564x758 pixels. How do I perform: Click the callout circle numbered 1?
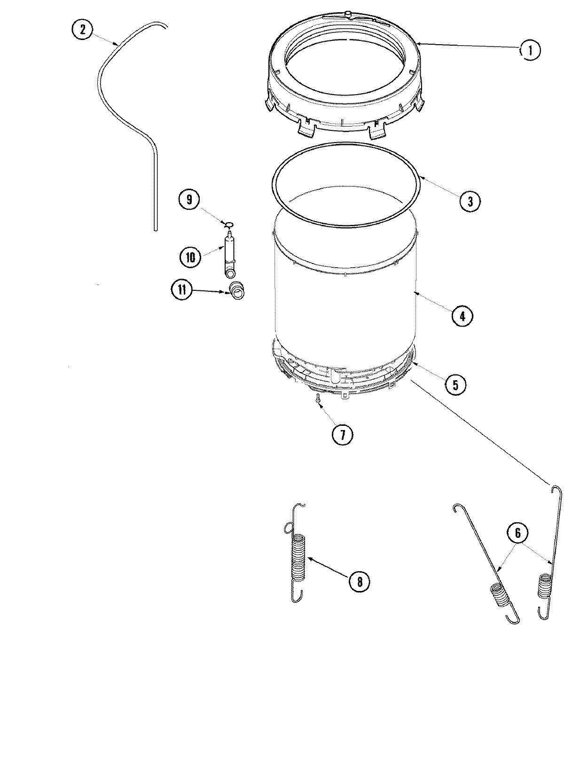click(530, 50)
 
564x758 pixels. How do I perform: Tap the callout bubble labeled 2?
click(83, 30)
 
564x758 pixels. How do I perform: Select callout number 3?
click(470, 201)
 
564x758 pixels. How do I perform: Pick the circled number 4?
click(462, 316)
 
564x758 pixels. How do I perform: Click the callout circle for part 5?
click(455, 384)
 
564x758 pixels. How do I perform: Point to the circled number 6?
click(517, 533)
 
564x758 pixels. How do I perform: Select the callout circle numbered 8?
click(359, 582)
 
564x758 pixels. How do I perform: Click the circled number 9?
click(189, 199)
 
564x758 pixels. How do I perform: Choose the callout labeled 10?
click(190, 257)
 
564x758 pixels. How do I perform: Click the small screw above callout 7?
click(318, 399)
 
